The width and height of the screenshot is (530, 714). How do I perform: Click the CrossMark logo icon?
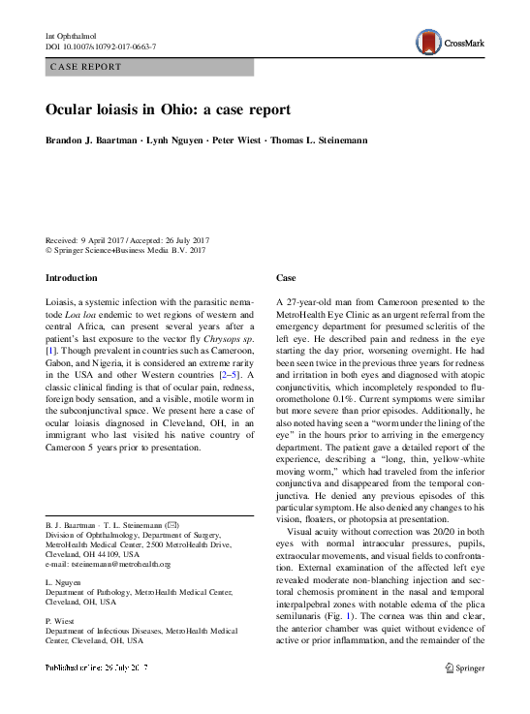point(426,41)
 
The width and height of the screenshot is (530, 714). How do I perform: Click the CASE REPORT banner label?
point(87,67)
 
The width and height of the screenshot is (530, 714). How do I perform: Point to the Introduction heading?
point(72,278)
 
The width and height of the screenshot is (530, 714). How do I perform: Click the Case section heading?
point(287,278)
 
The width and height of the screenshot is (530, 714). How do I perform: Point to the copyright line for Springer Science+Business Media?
point(126,250)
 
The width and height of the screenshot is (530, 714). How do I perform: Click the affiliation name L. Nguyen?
point(64,583)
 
